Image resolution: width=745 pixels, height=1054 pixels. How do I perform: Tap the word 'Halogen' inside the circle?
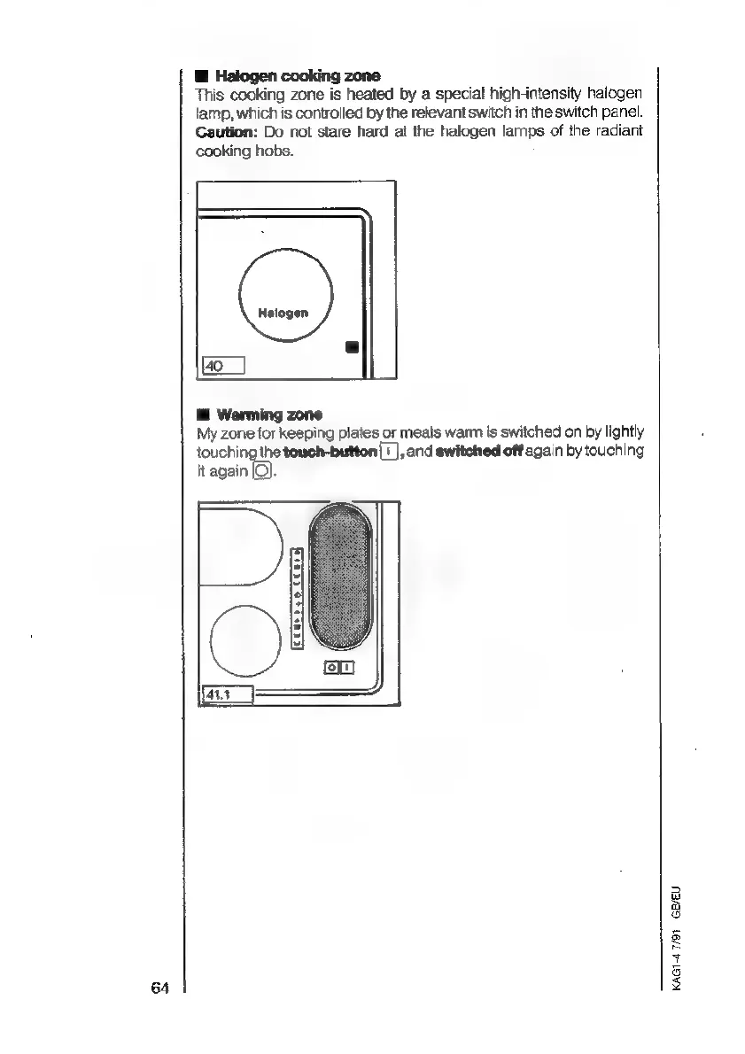(x=283, y=313)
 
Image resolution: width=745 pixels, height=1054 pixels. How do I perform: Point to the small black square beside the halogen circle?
(x=351, y=345)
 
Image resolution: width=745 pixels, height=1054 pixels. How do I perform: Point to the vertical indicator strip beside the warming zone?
(x=299, y=595)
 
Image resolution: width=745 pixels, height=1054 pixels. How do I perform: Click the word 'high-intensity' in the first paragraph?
(x=495, y=96)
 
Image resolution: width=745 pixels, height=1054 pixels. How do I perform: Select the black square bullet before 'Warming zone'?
(x=202, y=415)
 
